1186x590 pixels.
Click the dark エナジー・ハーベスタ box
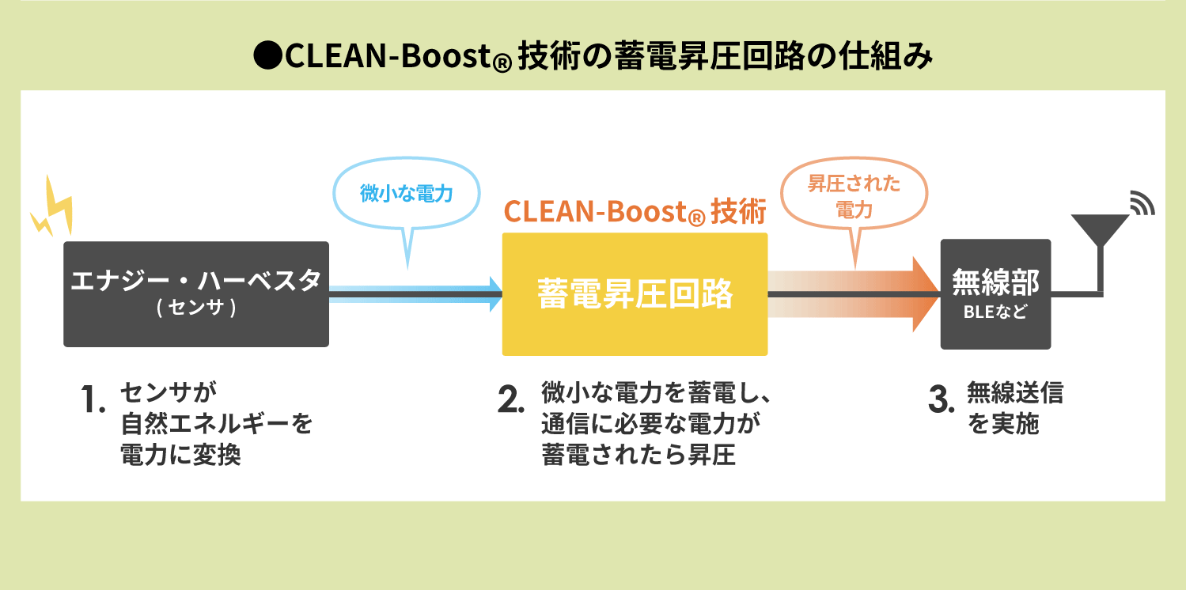195,293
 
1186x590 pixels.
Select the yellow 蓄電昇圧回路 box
635,294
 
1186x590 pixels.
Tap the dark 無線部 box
995,294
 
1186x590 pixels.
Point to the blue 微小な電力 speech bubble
406,195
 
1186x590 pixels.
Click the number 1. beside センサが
93,400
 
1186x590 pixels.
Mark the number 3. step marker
941,400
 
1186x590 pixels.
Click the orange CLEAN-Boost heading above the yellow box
635,212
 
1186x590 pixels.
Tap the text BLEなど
995,312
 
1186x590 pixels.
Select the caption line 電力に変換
180,456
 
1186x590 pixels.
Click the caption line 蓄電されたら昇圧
638,456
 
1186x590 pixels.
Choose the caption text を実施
1003,425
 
